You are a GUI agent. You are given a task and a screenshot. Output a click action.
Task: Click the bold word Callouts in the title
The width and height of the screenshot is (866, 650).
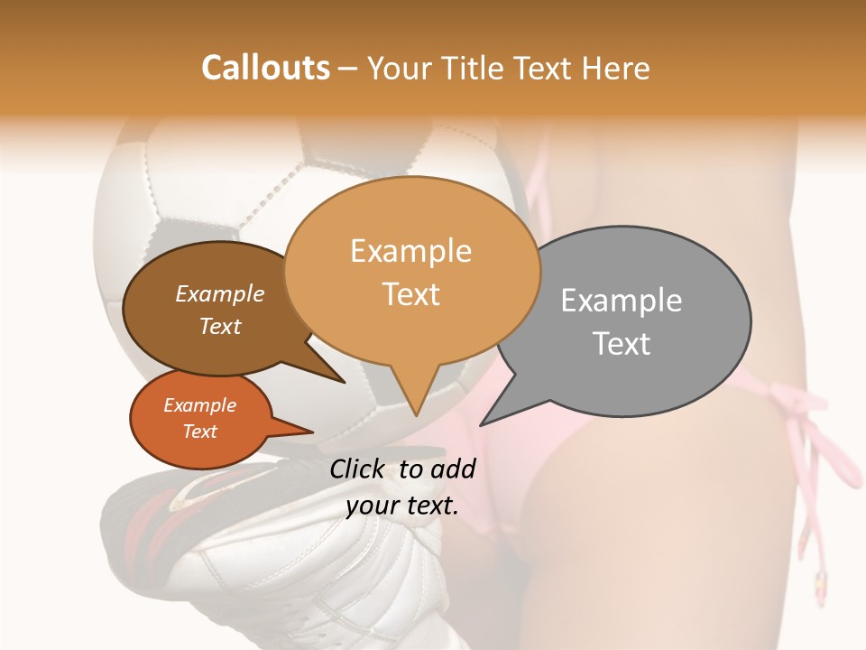coord(265,68)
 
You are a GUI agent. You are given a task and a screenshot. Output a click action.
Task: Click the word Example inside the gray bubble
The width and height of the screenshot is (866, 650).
coord(622,301)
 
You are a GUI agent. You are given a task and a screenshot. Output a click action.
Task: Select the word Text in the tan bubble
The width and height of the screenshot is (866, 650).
coord(411,294)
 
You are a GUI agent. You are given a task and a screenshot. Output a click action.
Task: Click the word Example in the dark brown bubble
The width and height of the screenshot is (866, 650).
coord(220,294)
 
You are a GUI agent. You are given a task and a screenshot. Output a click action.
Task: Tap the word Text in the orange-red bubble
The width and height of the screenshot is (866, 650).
coord(200,432)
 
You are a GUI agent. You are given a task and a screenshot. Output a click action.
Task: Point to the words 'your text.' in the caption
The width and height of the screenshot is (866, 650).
coord(402,506)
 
